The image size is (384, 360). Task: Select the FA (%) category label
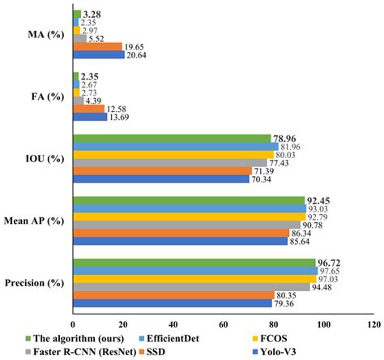pos(45,96)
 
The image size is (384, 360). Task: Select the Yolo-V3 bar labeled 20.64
pos(99,55)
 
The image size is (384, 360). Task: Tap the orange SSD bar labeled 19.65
pos(97,47)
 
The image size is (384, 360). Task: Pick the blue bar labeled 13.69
pos(90,117)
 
